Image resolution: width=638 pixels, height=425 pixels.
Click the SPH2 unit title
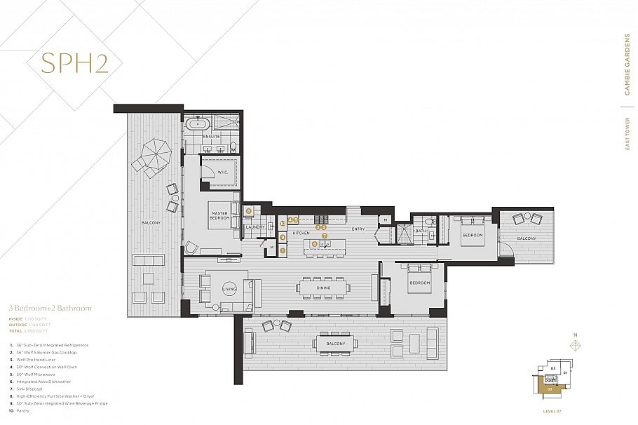coord(74,62)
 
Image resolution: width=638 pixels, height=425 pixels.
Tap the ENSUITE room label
coord(212,136)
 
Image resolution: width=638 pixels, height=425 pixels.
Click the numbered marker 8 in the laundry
coord(248,210)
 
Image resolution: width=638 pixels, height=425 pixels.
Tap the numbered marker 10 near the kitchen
coord(282,224)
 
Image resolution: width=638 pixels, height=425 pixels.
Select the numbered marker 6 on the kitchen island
coord(315,243)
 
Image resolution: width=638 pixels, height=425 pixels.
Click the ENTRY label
coord(358,229)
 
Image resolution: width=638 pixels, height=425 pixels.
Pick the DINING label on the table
coord(323,287)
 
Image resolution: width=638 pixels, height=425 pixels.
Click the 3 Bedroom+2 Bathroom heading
coord(50,308)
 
